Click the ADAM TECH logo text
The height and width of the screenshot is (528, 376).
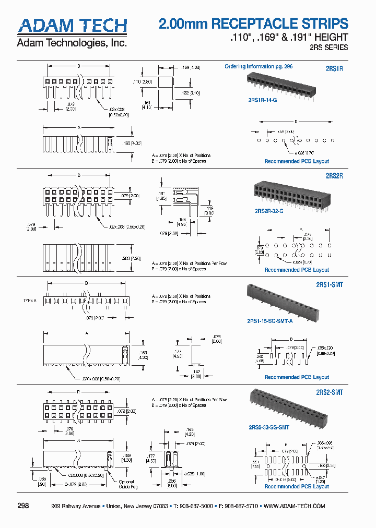(x=72, y=26)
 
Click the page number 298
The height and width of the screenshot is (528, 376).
(x=23, y=506)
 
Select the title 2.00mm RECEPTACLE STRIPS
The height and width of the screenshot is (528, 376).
(x=253, y=23)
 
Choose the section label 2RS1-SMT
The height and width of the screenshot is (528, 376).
(x=330, y=285)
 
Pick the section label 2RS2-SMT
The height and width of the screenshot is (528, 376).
(x=330, y=392)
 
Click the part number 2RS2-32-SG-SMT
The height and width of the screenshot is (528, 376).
(x=268, y=427)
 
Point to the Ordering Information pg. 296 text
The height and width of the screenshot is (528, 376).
(x=258, y=67)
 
